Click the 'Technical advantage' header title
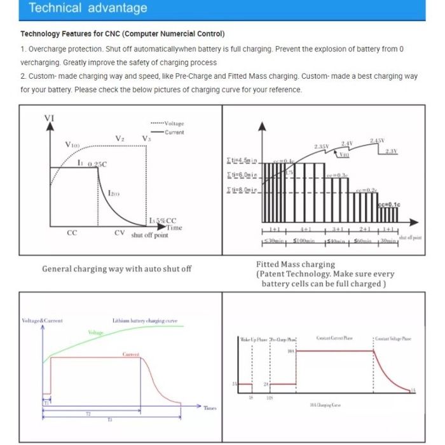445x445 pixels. [88, 8]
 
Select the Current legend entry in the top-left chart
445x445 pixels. [174, 132]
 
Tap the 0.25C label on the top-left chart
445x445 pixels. [97, 164]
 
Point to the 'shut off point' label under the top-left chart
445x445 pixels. [149, 235]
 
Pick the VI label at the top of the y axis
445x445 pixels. [49, 118]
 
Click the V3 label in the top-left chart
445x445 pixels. [146, 139]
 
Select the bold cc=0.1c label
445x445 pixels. [388, 205]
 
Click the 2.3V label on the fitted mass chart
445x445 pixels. [391, 151]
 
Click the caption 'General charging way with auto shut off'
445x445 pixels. [116, 269]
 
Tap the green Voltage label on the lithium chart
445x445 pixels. [95, 332]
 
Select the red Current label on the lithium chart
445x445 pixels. [131, 354]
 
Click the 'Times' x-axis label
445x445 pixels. [210, 407]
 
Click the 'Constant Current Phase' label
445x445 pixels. [334, 338]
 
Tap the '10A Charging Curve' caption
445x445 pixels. [324, 405]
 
